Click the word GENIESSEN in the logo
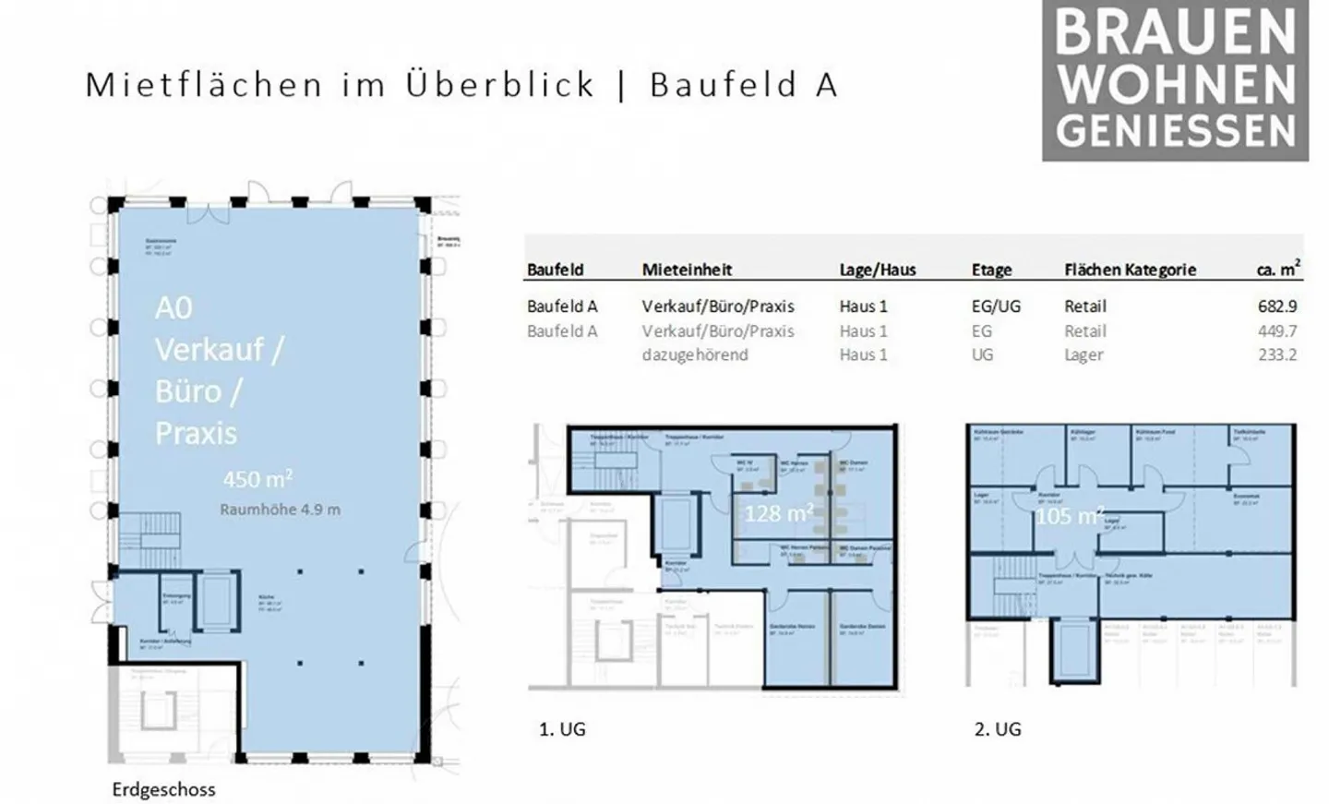coord(1176,131)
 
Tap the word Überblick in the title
coord(500,84)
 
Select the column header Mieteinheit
coord(687,270)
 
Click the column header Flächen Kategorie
coord(1130,270)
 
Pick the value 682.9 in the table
coord(1277,306)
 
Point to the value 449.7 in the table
coord(1277,330)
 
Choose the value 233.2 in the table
coord(1277,354)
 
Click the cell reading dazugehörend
coord(695,354)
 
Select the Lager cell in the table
coord(1084,354)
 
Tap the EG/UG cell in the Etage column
coord(996,306)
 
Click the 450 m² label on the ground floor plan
coord(257,479)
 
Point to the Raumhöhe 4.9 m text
coord(280,510)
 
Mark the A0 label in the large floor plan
coord(174,307)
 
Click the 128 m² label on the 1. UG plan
coord(778,512)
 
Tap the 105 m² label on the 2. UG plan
coord(1069,516)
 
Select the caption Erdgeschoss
coord(163,789)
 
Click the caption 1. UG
coord(562,729)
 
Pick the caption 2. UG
coord(998,729)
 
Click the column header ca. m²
coord(1277,269)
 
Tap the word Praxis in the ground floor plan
coord(196,433)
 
